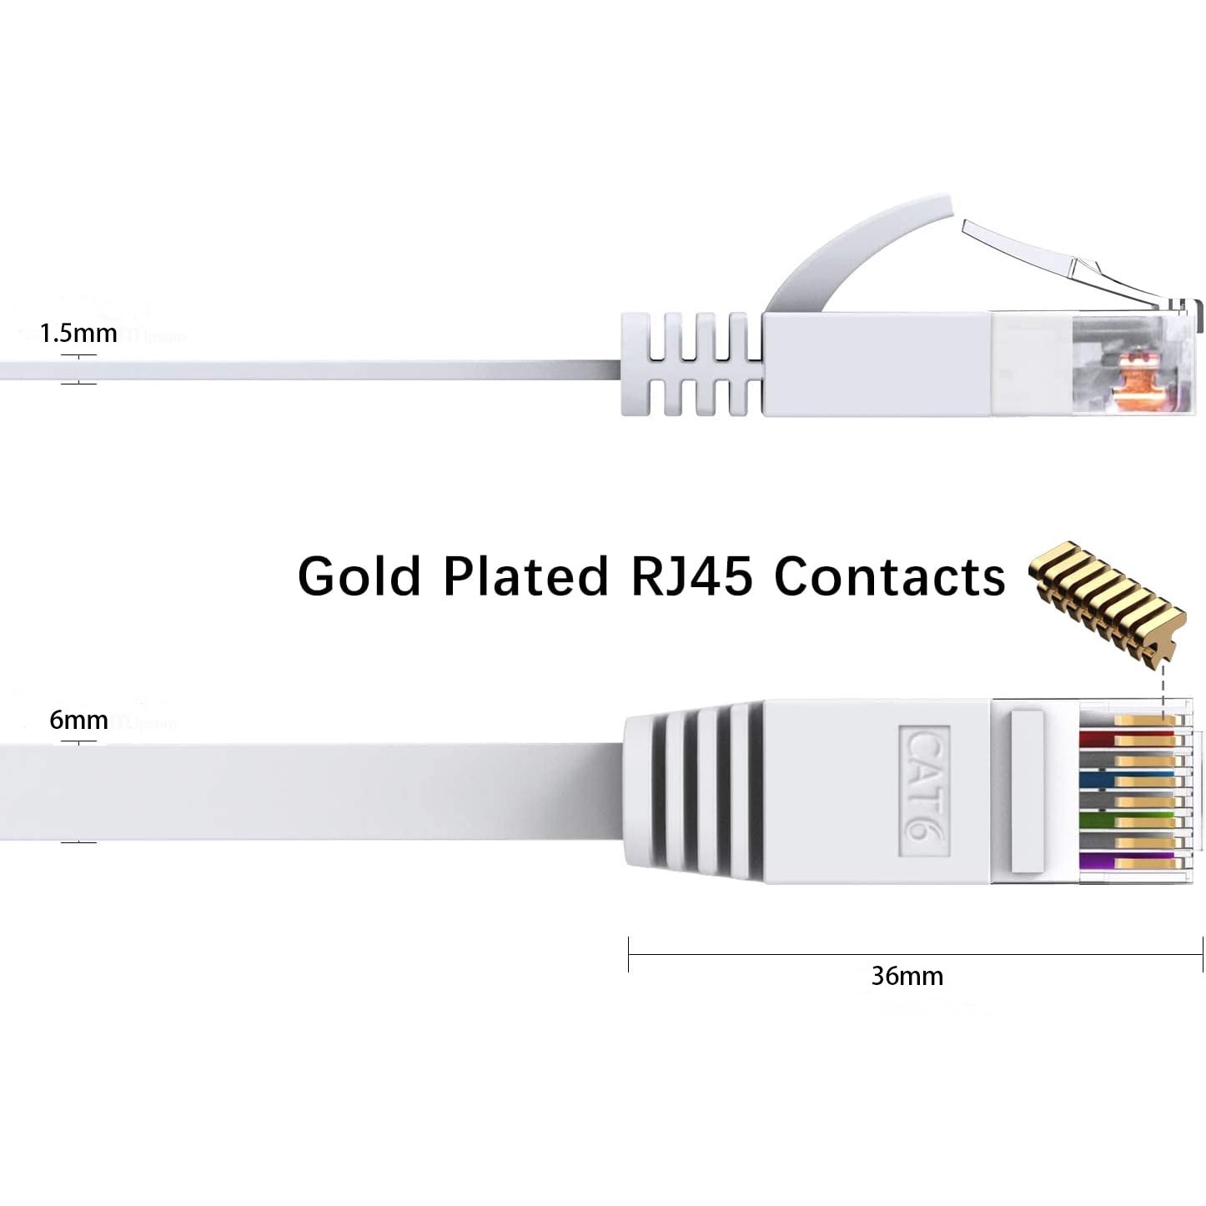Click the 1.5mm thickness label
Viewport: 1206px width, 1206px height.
click(78, 334)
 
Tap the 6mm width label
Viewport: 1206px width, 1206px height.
click(78, 720)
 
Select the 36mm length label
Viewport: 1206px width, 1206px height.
click(907, 976)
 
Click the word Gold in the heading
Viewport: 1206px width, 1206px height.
click(359, 576)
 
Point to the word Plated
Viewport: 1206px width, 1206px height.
click(525, 576)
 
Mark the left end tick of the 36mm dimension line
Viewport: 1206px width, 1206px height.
click(629, 954)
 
